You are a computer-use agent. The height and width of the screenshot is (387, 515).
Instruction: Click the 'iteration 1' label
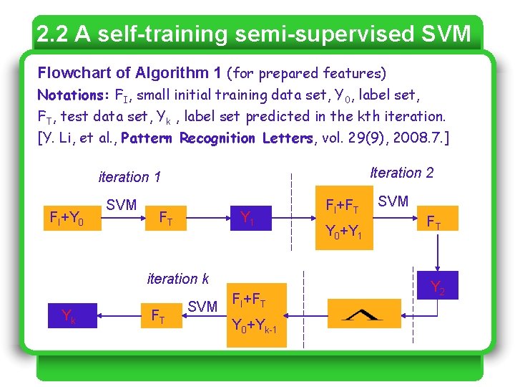click(x=129, y=177)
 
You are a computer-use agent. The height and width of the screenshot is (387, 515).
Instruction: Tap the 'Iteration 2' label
click(x=401, y=173)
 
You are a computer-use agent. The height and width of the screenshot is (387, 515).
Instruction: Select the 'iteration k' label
click(x=178, y=279)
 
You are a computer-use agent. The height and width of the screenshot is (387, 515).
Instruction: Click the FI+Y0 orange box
click(x=67, y=217)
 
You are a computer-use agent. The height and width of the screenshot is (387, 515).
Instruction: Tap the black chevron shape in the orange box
click(x=363, y=313)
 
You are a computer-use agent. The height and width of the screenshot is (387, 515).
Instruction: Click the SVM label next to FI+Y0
click(x=121, y=205)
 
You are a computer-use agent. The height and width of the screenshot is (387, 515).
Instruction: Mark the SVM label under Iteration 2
click(x=393, y=201)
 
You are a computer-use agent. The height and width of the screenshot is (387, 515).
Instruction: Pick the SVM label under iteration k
click(x=202, y=307)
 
